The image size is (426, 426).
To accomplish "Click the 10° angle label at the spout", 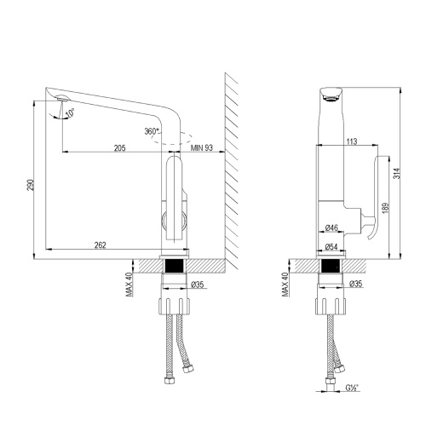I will point(70,112).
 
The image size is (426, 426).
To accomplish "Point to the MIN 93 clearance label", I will point(203,147).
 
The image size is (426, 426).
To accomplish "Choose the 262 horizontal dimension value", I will point(101,245).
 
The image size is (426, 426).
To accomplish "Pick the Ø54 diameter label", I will point(332,247).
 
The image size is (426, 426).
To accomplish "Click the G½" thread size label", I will point(351,390).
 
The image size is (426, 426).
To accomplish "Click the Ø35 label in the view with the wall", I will point(196,284).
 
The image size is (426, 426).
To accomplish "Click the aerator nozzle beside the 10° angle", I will point(60,102).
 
